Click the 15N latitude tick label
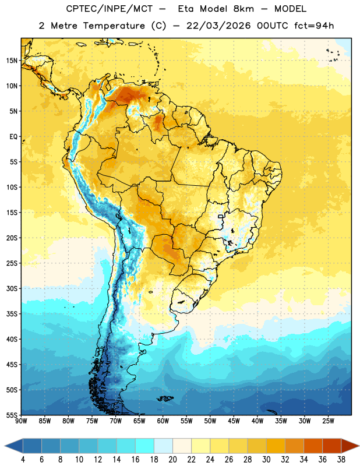pyautogui.click(x=12, y=61)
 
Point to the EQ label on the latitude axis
pyautogui.click(x=13, y=137)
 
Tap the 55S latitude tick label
pyautogui.click(x=12, y=415)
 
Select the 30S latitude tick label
pyautogui.click(x=12, y=288)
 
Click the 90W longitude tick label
pyautogui.click(x=21, y=421)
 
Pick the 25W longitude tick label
pyautogui.click(x=328, y=421)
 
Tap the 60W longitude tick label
pyautogui.click(x=163, y=421)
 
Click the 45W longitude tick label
pyautogui.click(x=234, y=421)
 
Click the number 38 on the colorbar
pyautogui.click(x=341, y=460)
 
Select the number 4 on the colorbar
pyautogui.click(x=23, y=460)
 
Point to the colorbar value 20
pyautogui.click(x=172, y=460)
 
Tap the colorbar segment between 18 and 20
pyautogui.click(x=163, y=446)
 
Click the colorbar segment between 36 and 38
pyautogui.click(x=332, y=446)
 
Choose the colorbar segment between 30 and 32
pyautogui.click(x=276, y=446)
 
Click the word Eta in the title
pyautogui.click(x=186, y=9)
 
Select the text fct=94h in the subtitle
pyautogui.click(x=314, y=26)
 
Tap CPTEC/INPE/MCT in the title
pyautogui.click(x=109, y=9)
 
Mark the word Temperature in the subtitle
pyautogui.click(x=114, y=26)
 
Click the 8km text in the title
pyautogui.click(x=243, y=9)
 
